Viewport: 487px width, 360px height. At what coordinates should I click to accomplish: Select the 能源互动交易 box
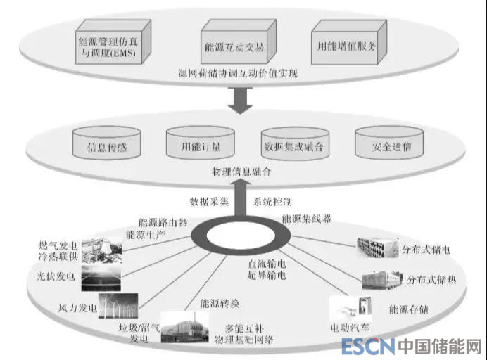click(x=224, y=46)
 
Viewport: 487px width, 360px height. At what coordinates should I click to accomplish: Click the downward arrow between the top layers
click(x=242, y=102)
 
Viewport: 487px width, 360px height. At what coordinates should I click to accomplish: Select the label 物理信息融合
click(x=241, y=171)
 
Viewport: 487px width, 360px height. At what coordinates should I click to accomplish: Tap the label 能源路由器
click(x=163, y=222)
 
